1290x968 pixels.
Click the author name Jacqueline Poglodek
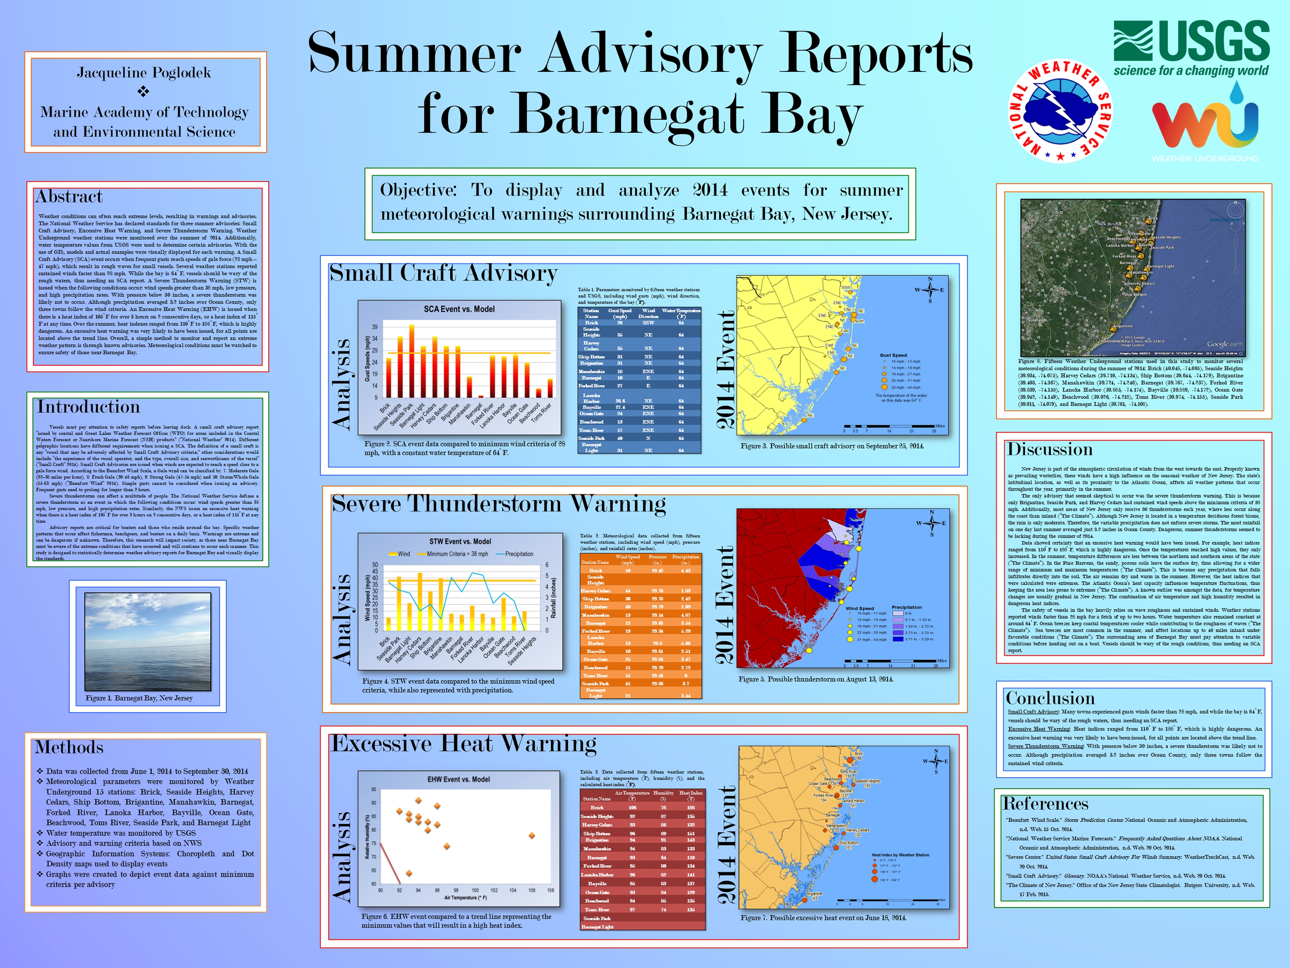click(144, 73)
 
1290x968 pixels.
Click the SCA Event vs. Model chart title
click(459, 309)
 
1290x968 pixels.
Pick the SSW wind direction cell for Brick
click(648, 323)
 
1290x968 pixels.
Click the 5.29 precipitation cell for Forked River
click(685, 631)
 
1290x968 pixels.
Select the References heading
click(1045, 804)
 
